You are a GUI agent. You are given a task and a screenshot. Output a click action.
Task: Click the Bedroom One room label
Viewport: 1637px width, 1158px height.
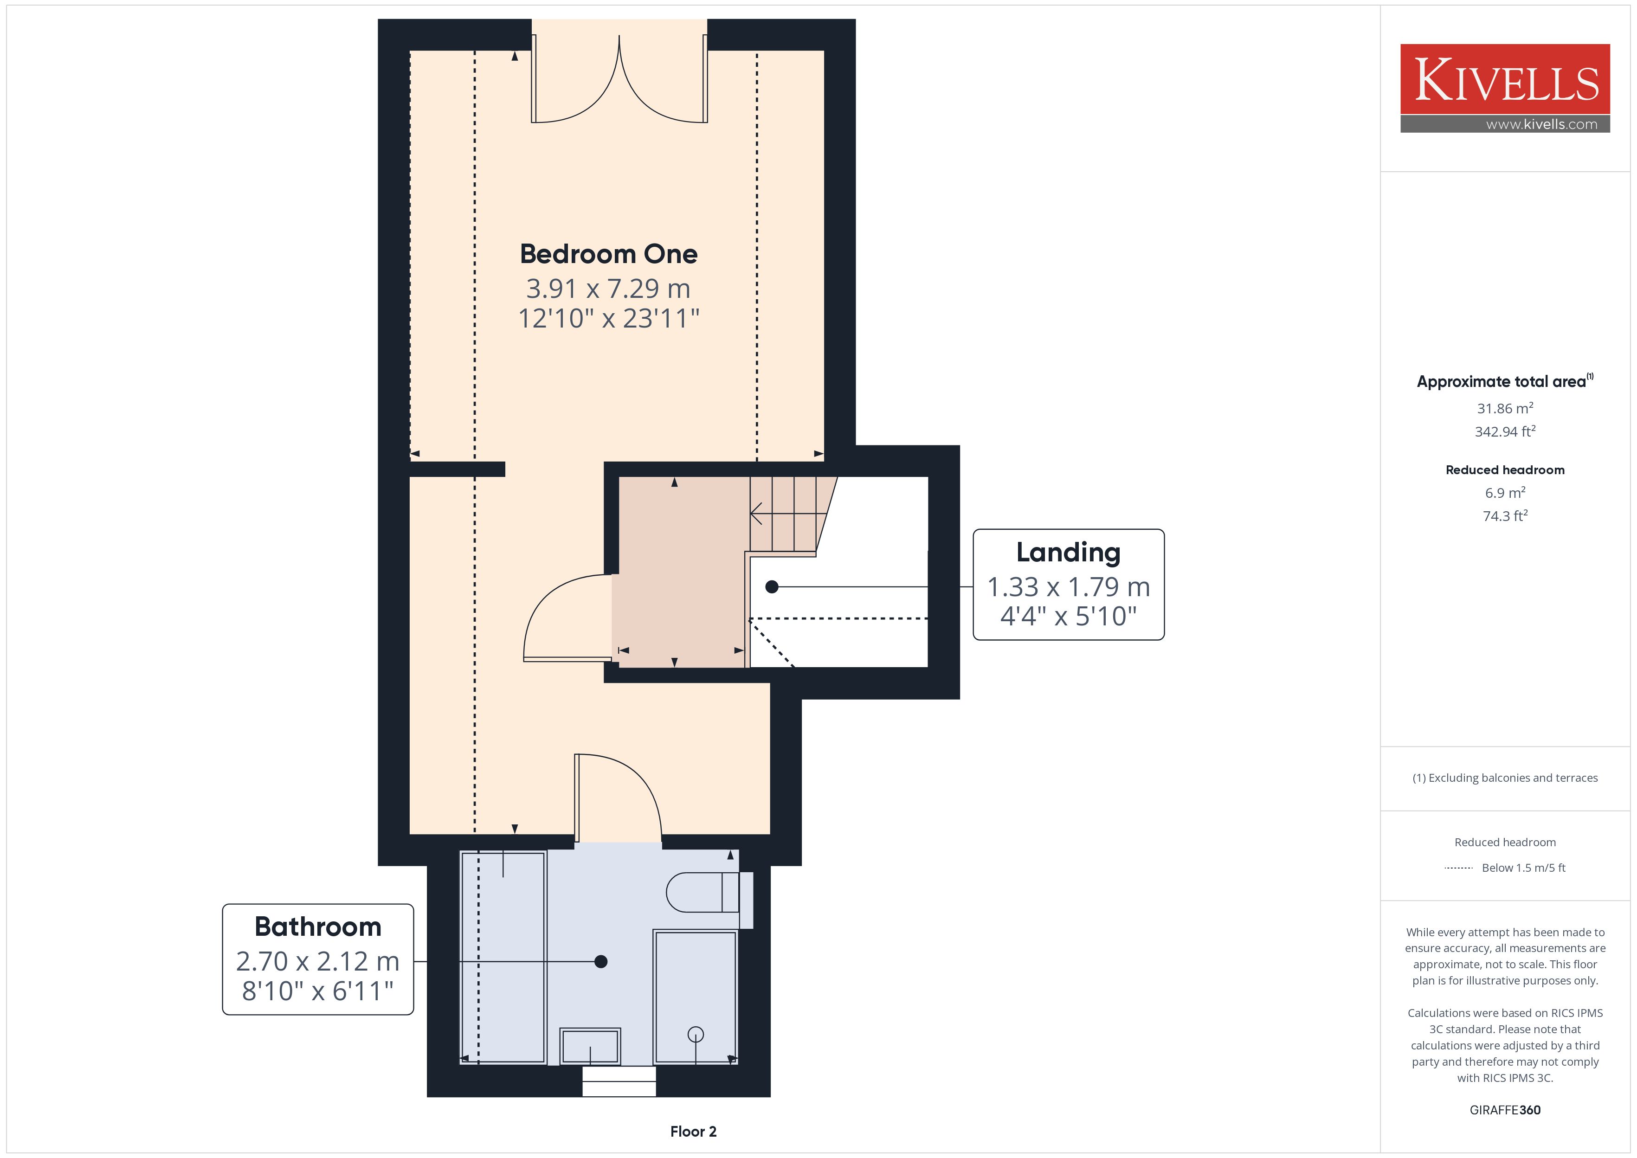click(608, 254)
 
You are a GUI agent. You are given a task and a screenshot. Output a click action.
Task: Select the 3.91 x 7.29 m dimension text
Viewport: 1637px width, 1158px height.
click(608, 289)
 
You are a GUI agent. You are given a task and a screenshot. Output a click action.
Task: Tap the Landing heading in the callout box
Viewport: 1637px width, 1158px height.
click(1068, 553)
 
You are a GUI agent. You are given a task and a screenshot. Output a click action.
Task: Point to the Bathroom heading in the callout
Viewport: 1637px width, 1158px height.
click(318, 926)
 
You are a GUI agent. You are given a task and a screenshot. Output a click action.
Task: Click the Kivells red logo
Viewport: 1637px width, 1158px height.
click(1505, 79)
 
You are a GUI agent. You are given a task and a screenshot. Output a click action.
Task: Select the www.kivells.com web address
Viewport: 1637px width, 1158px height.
click(1541, 124)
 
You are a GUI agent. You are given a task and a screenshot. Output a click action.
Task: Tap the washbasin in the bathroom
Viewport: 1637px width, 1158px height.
click(590, 1047)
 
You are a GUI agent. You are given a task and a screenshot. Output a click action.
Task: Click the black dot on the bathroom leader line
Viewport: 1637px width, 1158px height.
click(601, 962)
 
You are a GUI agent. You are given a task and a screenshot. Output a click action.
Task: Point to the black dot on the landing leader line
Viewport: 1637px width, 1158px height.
click(772, 587)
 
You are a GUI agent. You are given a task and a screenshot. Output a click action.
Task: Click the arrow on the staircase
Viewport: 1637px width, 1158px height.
click(783, 513)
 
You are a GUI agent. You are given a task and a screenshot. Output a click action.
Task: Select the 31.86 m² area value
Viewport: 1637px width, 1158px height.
click(1505, 409)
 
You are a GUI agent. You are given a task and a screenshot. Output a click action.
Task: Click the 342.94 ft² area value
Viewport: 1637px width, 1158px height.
click(1505, 431)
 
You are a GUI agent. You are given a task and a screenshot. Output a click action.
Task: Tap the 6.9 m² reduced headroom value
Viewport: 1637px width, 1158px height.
click(1505, 493)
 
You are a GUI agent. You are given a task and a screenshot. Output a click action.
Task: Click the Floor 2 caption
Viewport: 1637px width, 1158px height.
click(693, 1132)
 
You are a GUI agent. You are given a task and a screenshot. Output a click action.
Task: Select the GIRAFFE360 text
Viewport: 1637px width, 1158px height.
click(1505, 1110)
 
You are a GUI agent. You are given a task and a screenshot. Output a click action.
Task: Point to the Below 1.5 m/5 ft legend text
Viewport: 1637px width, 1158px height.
click(1524, 868)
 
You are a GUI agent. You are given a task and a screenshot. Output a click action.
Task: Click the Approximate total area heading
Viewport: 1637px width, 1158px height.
click(1502, 381)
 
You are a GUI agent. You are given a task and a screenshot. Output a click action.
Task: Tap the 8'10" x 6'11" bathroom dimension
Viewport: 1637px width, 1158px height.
click(318, 991)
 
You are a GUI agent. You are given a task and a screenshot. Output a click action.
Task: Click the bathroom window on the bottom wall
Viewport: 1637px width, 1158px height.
click(619, 1081)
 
